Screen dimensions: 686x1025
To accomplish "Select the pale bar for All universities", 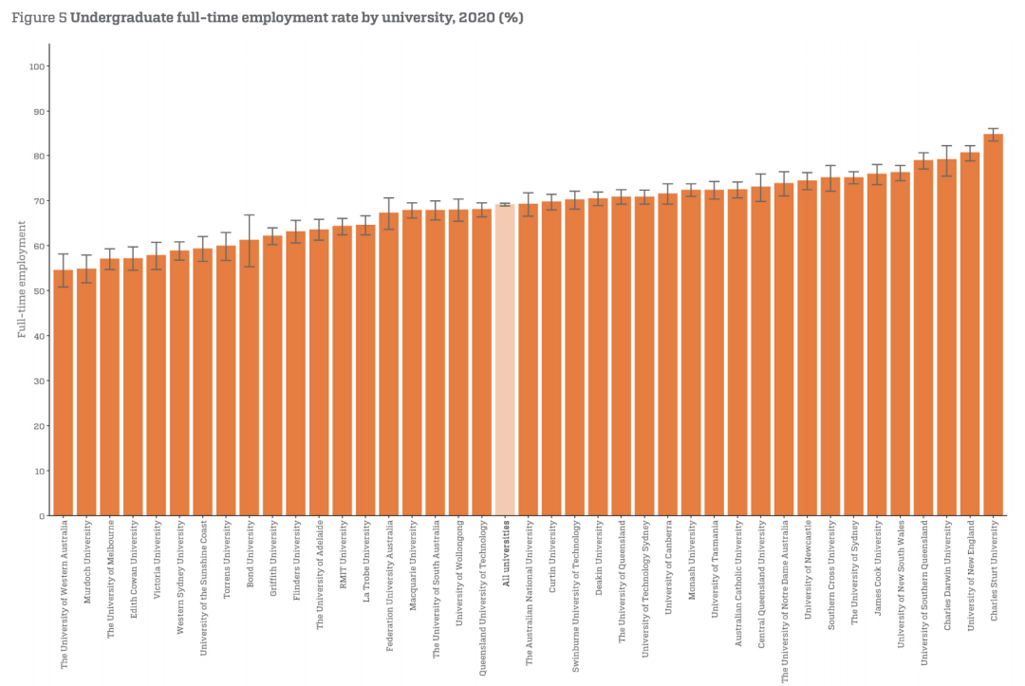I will point(505,361).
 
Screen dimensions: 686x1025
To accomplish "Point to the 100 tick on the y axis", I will point(39,66).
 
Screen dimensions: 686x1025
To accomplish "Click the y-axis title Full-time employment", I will point(21,279).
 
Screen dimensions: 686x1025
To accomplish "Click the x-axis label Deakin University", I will point(599,559).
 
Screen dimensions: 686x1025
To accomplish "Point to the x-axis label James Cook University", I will point(878,567).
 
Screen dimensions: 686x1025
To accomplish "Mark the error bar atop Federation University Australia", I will point(389,213).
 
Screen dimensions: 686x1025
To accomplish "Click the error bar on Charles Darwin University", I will point(947,160).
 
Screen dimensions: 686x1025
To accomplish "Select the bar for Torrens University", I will point(226,380).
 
